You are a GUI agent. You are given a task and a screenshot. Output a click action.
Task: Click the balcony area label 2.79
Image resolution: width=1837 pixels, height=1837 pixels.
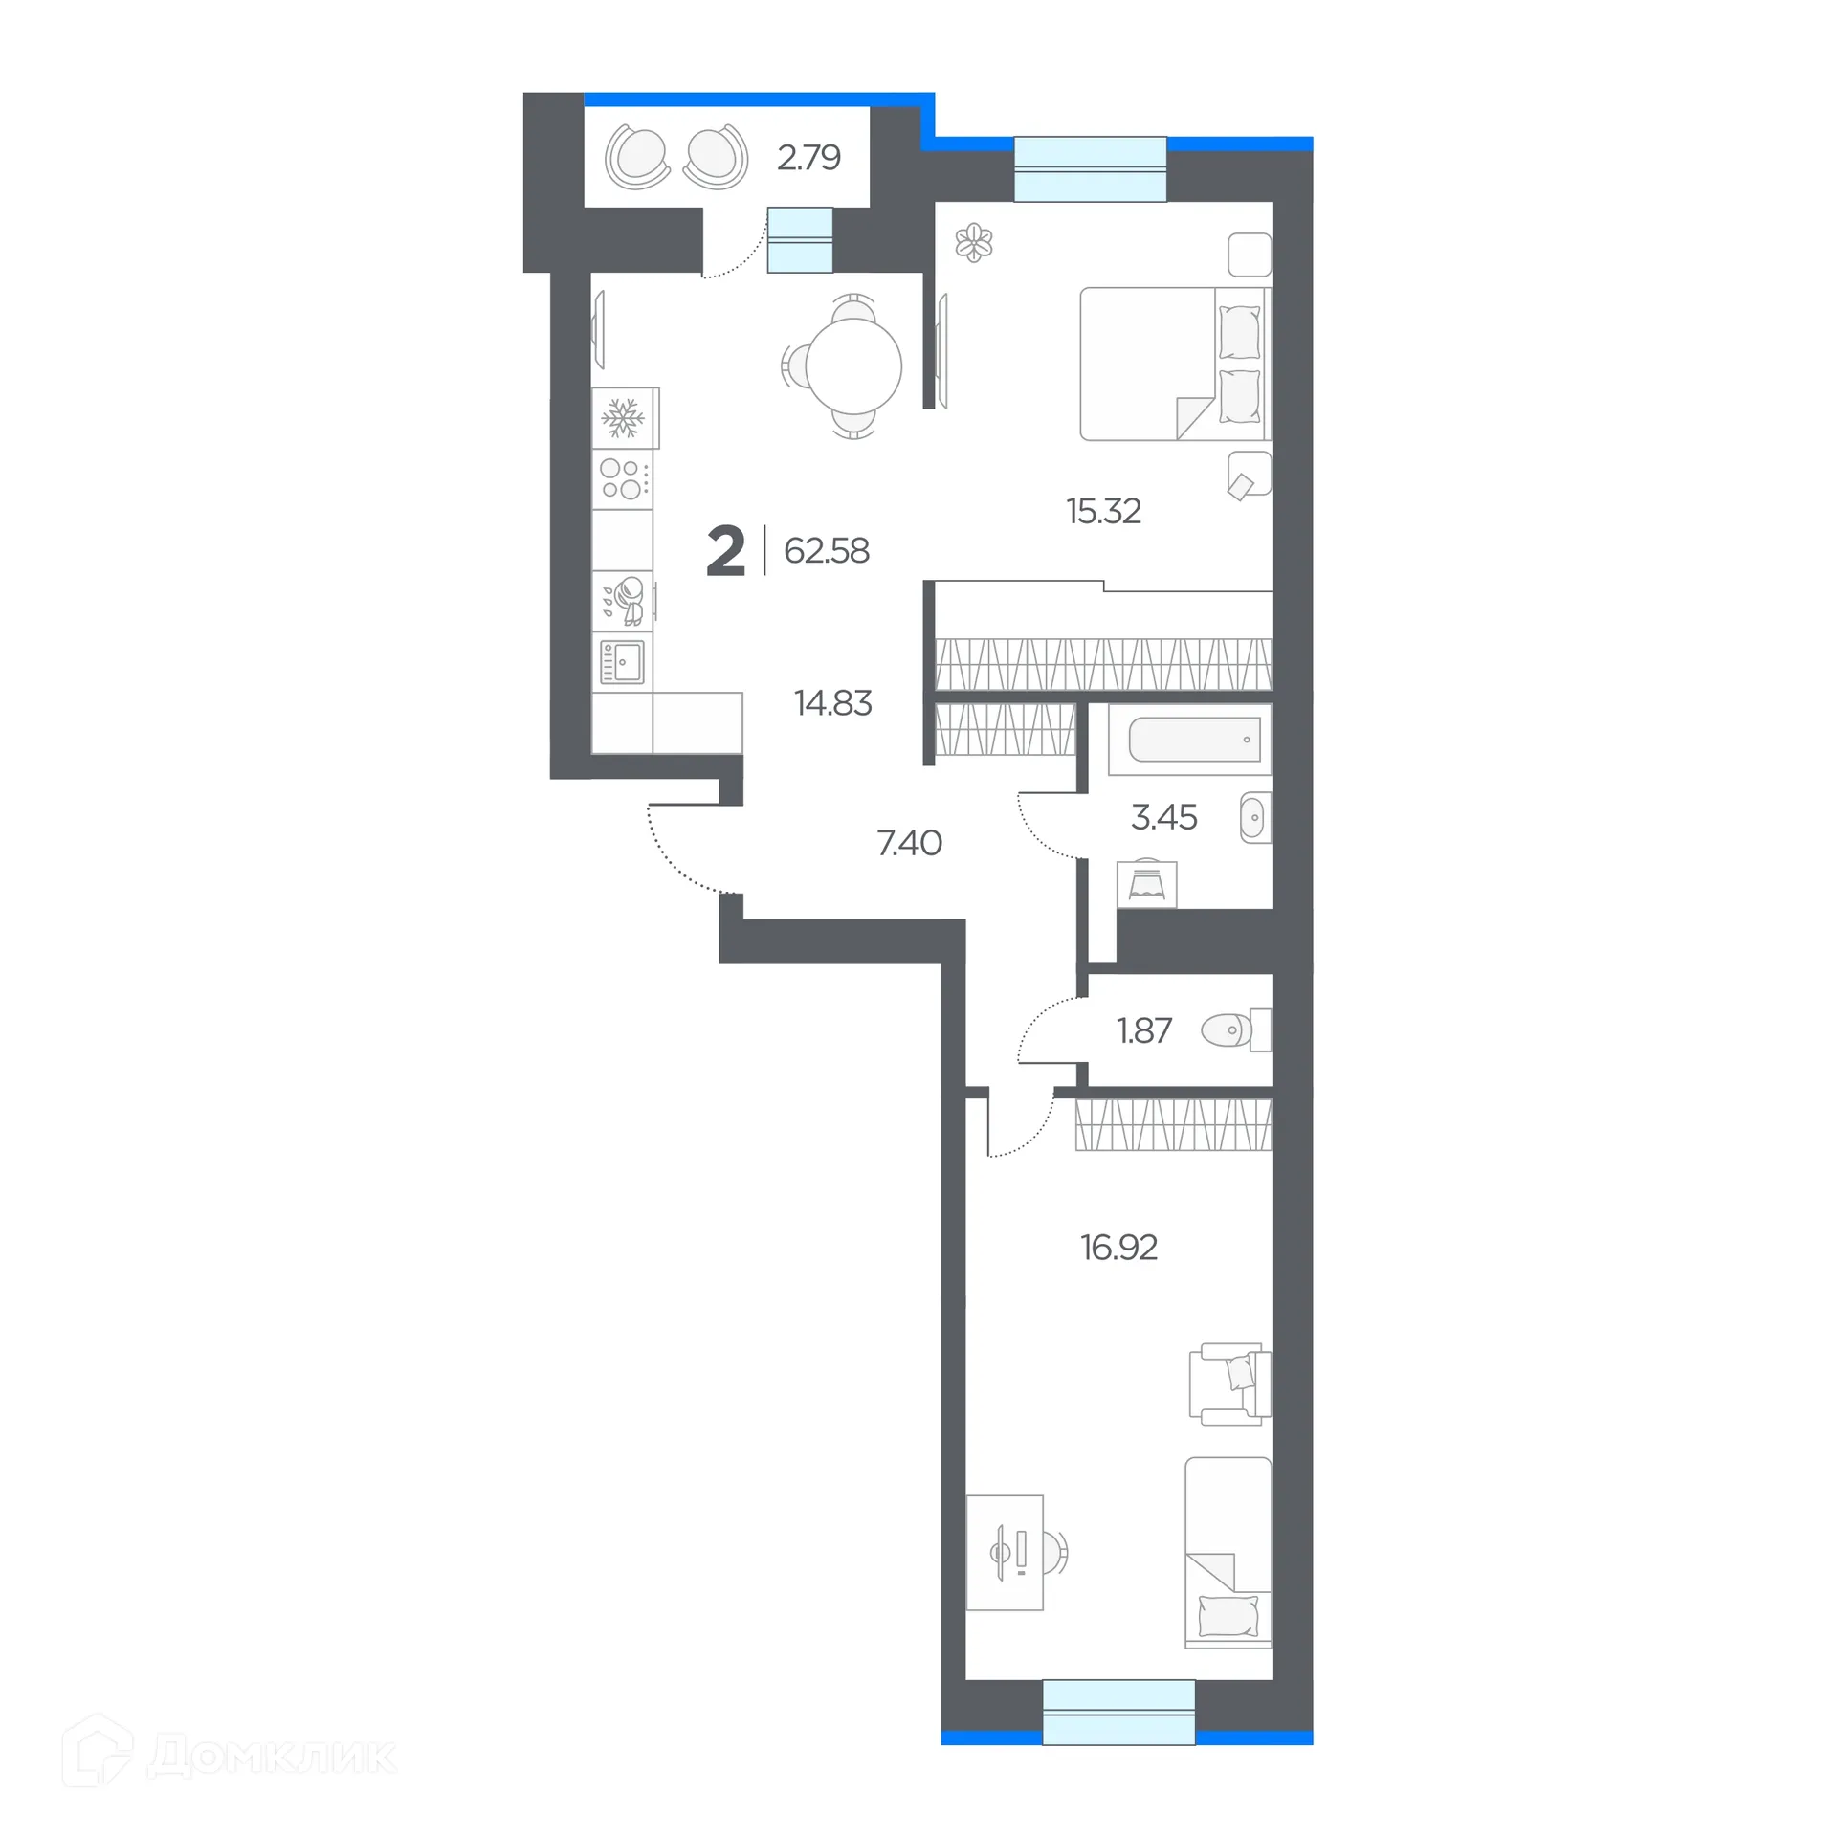(808, 157)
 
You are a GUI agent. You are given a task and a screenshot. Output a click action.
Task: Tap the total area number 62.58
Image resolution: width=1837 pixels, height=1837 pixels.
(827, 551)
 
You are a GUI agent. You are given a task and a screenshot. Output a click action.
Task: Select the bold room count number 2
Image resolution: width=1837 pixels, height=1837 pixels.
(725, 552)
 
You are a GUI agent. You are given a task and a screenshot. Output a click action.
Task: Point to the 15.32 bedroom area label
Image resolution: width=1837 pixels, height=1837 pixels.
(1103, 511)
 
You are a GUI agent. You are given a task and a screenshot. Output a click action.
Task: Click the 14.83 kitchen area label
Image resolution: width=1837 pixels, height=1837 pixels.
(832, 703)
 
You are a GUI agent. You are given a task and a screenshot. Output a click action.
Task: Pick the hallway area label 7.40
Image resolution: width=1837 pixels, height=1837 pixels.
(909, 843)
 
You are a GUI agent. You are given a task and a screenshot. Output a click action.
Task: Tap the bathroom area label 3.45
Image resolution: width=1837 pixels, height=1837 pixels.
(1163, 817)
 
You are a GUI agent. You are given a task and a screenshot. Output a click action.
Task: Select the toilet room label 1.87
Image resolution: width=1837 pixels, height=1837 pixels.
(1143, 1030)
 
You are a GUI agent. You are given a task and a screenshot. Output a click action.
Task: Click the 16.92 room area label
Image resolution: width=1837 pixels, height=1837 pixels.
(1118, 1248)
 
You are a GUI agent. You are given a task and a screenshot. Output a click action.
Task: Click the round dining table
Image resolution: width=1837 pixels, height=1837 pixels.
(853, 366)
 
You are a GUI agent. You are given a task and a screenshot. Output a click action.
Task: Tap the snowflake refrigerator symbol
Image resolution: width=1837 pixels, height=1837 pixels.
(623, 418)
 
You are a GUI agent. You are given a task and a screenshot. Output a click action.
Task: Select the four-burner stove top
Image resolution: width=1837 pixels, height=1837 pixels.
(622, 479)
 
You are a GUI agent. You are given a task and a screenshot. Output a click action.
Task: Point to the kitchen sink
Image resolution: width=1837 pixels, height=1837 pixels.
(622, 661)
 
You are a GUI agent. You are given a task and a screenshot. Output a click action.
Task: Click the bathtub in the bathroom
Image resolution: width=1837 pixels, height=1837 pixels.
(1194, 740)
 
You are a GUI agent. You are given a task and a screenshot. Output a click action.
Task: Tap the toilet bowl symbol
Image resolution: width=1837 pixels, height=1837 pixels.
(1228, 1030)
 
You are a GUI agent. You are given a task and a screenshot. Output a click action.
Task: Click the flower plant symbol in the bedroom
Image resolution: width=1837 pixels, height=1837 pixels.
(974, 242)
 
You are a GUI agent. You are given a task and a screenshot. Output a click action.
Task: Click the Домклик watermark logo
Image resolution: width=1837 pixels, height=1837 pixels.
(230, 1756)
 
